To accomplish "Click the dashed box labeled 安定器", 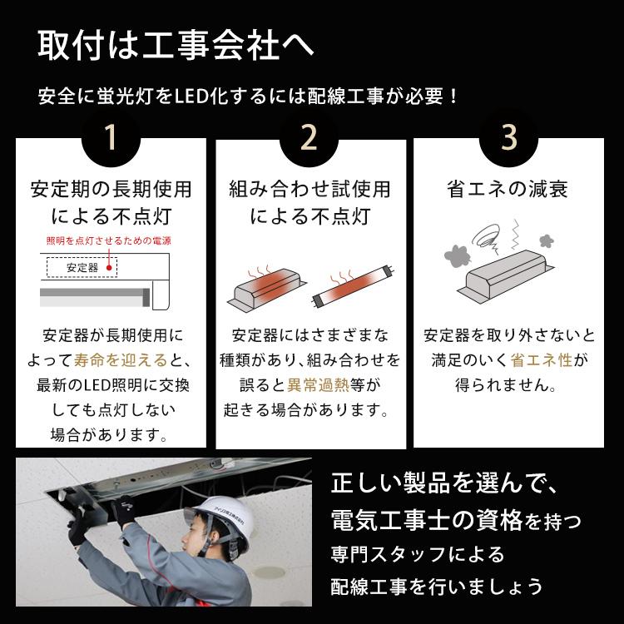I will (82, 268).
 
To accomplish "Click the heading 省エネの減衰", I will (508, 190).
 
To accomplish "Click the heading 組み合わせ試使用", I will (310, 190).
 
